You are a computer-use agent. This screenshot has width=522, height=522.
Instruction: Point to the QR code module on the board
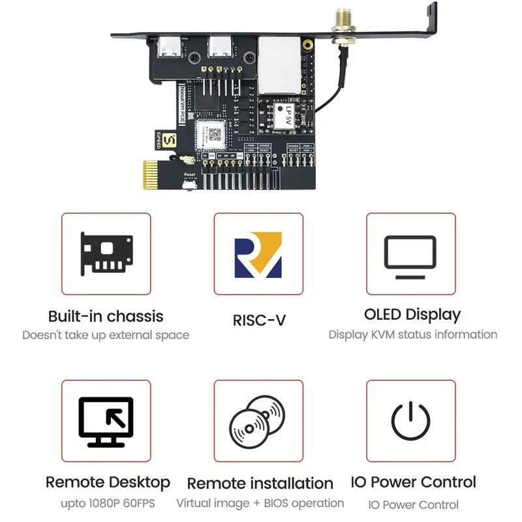click(213, 135)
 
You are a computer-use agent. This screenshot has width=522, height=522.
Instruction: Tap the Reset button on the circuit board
click(190, 187)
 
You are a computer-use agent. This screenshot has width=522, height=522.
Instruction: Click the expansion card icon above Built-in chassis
click(106, 253)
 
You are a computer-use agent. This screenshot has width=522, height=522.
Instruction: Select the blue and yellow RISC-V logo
click(258, 254)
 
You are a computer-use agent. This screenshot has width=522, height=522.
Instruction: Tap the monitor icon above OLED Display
click(410, 253)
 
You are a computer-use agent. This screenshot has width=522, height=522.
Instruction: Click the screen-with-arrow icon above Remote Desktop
click(106, 421)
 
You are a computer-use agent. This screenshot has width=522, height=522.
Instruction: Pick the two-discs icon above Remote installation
click(258, 421)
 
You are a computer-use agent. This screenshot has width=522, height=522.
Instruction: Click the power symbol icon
click(410, 421)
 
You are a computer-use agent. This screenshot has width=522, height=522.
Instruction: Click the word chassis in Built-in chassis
click(135, 316)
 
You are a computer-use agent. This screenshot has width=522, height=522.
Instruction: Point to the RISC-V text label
click(259, 320)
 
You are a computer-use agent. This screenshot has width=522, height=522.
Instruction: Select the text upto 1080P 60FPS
click(108, 504)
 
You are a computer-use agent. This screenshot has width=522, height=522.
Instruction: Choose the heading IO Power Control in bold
click(413, 482)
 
